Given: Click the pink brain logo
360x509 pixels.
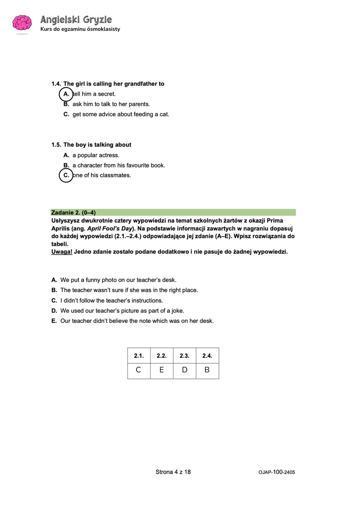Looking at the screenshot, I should tap(21, 23).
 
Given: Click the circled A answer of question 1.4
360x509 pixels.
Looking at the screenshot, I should tap(66, 94).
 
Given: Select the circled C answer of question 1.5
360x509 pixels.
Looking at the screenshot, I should tap(66, 175).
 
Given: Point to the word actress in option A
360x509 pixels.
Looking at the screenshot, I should tap(109, 155).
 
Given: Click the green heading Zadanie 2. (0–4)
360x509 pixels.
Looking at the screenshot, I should tap(74, 212).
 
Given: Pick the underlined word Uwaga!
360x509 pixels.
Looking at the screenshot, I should tap(62, 251).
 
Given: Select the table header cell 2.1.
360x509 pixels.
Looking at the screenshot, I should tap(139, 356).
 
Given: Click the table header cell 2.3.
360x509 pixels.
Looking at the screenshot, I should tap(184, 356).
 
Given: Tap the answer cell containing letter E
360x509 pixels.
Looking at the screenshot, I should tap(161, 370).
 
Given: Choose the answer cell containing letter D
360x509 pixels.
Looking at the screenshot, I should tap(184, 370).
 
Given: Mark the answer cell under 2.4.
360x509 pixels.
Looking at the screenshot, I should tap(207, 370).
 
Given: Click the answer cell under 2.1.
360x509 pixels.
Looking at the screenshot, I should tap(139, 370).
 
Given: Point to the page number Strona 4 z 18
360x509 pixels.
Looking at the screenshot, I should tap(173, 471).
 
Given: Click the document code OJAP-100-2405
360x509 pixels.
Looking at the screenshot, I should tap(276, 472).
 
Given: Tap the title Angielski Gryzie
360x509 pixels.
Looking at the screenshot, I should tap(76, 20).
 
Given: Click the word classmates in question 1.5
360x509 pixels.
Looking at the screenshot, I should tap(115, 175).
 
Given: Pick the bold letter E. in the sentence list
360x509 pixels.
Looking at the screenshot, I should tap(54, 321).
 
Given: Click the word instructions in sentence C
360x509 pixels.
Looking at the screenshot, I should tap(147, 301).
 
